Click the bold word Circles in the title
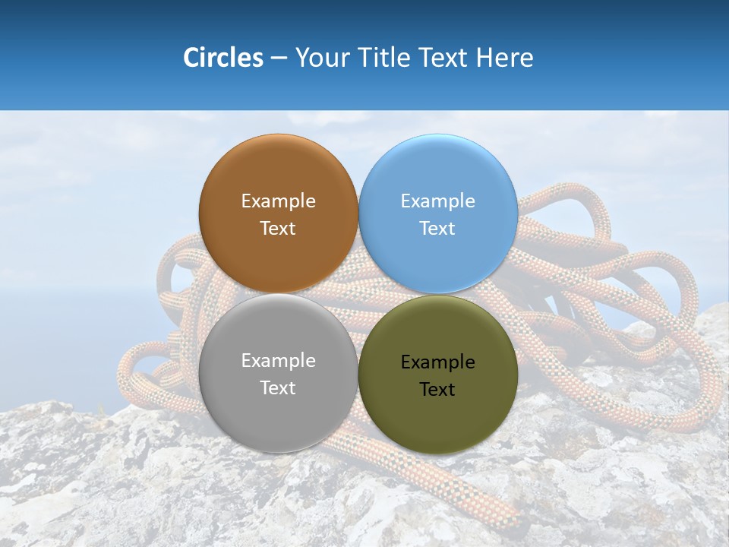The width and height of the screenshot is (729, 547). click(x=222, y=58)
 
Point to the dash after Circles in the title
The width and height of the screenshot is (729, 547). click(x=279, y=58)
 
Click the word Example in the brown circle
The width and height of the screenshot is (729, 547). click(x=278, y=201)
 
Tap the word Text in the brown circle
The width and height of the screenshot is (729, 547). click(x=278, y=228)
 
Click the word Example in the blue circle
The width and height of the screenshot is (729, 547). click(x=437, y=201)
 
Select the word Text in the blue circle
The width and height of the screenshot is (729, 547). click(x=437, y=228)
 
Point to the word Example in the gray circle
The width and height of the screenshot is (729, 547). click(x=278, y=360)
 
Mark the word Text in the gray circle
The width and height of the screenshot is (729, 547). click(x=278, y=387)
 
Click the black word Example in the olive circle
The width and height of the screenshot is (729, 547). click(x=437, y=362)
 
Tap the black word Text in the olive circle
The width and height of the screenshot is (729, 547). click(x=437, y=389)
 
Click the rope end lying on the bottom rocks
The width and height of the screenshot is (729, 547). click(x=501, y=517)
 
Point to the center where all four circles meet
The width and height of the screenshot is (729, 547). click(x=358, y=294)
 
